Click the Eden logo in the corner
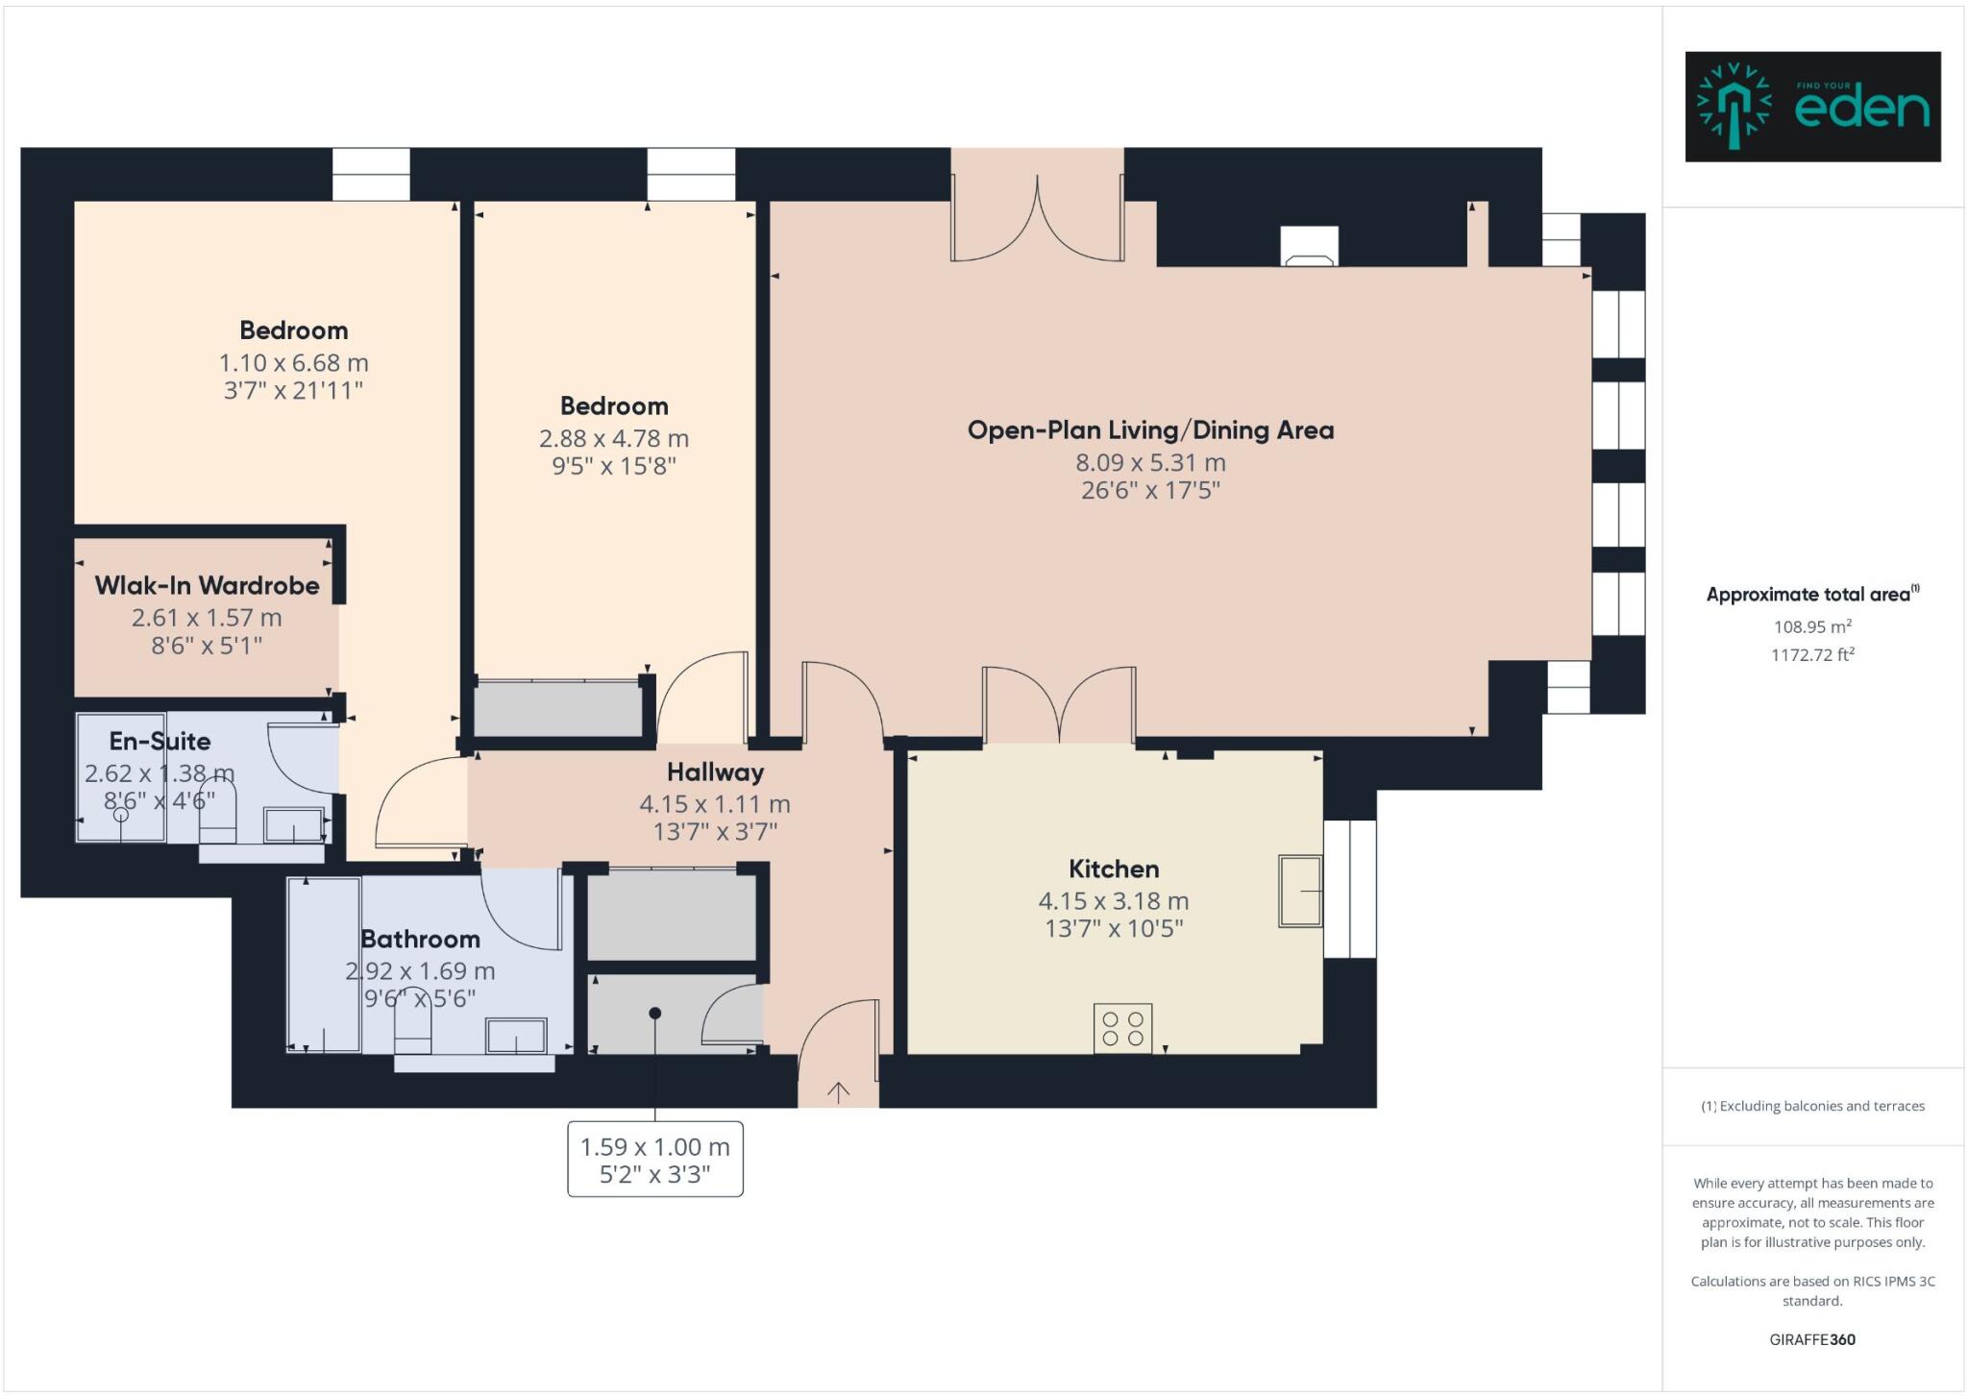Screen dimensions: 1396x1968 [x=1812, y=107]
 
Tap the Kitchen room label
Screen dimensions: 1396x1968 [x=1114, y=869]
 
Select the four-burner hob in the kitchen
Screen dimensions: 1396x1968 [x=1122, y=1028]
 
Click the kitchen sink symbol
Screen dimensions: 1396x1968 [x=1299, y=892]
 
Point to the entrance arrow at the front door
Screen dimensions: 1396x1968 [x=838, y=1091]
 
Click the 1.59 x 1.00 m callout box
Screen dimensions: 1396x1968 [x=654, y=1160]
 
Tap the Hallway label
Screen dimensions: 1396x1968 [x=715, y=771]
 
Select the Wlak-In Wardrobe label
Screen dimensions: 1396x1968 [x=207, y=585]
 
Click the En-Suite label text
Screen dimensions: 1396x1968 [x=160, y=741]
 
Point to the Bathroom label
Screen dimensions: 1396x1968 [x=420, y=939]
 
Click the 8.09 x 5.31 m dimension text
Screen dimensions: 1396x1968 [x=1150, y=462]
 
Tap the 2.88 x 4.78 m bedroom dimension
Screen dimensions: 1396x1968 [x=613, y=438]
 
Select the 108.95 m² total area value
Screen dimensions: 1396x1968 [x=1811, y=626]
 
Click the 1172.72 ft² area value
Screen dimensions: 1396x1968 [x=1811, y=655]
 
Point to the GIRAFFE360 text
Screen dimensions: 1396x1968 [x=1811, y=1339]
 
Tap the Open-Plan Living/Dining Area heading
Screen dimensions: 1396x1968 [x=1150, y=429]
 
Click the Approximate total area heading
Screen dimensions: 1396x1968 [x=1811, y=594]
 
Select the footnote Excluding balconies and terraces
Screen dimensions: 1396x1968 [x=1812, y=1106]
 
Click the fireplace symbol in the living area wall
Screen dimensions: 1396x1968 [x=1309, y=248]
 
